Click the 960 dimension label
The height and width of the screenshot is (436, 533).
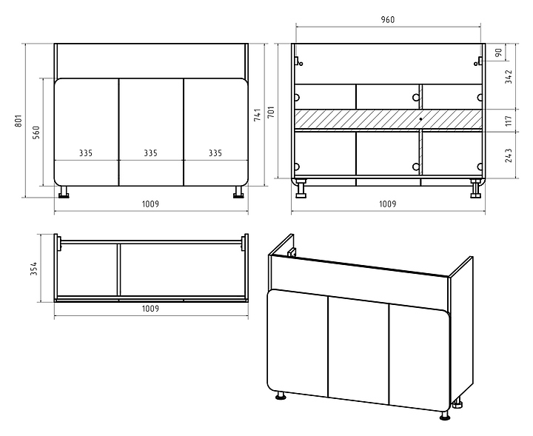pyautogui.click(x=388, y=19)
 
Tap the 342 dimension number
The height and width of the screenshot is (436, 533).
pyautogui.click(x=499, y=77)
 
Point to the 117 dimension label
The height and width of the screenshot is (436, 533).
pyautogui.click(x=499, y=121)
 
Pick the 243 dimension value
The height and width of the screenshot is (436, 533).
pyautogui.click(x=499, y=155)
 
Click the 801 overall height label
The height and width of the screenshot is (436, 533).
pyautogui.click(x=19, y=121)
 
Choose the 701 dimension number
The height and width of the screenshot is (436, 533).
pyautogui.click(x=272, y=114)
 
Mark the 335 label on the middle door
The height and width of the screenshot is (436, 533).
pyautogui.click(x=151, y=154)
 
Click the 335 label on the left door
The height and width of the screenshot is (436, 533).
pyautogui.click(x=87, y=154)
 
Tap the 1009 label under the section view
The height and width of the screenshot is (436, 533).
pyautogui.click(x=388, y=204)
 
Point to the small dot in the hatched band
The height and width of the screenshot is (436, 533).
pyautogui.click(x=420, y=118)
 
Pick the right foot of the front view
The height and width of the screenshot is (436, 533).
pyautogui.click(x=238, y=193)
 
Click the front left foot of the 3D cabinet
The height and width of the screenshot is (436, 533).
pyautogui.click(x=281, y=397)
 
